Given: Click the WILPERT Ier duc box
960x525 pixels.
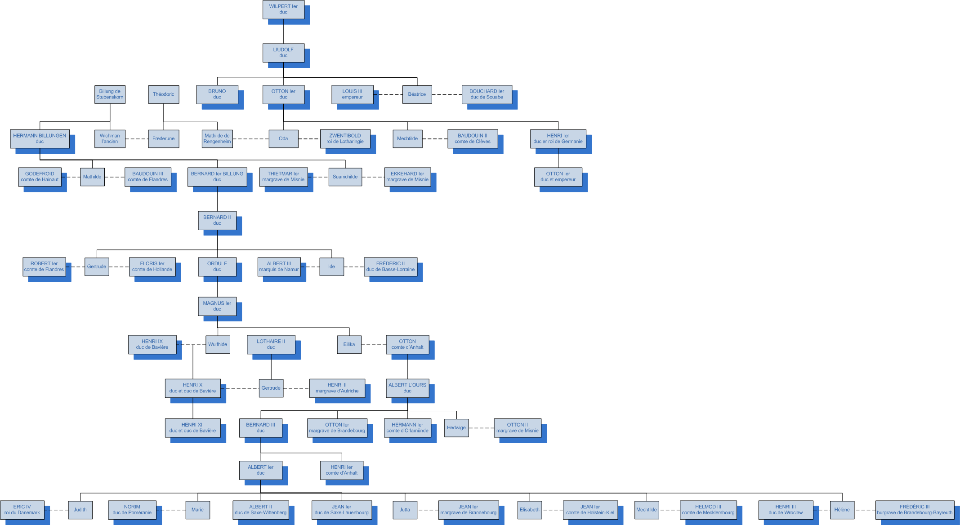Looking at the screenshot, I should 283,9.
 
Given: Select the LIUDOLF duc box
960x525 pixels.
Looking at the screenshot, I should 283,53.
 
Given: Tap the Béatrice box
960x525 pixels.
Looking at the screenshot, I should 417,94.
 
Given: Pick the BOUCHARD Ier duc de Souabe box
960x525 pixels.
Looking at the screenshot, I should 487,94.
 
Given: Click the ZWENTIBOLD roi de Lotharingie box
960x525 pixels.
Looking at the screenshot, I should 345,138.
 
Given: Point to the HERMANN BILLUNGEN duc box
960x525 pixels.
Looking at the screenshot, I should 40,138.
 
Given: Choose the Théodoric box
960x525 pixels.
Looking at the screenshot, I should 163,94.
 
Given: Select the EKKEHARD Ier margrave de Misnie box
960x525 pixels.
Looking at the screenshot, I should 407,177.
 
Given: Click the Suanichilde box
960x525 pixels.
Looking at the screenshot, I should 345,177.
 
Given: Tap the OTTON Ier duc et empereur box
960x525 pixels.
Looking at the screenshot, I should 558,177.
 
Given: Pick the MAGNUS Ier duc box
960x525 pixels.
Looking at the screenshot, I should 217,306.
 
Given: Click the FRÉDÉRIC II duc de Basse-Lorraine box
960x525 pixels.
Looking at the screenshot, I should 390,267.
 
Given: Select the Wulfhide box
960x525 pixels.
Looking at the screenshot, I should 218,344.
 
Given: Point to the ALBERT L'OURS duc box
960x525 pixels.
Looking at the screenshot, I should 407,388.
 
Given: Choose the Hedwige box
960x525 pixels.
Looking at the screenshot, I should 456,427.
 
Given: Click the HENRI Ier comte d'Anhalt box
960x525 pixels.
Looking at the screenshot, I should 341,470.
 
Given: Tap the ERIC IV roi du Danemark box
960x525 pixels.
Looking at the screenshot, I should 22,510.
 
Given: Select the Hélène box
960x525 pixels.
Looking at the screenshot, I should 842,510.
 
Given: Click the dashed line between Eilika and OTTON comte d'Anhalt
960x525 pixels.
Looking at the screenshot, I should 374,345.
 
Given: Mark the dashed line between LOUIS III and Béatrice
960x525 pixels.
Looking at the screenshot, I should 388,94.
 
